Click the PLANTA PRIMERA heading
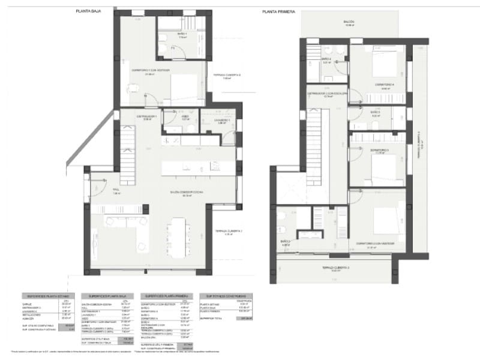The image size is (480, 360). [x=277, y=11]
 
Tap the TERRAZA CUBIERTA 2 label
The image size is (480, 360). [x=223, y=76]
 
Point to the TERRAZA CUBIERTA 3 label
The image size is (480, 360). [x=335, y=268]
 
